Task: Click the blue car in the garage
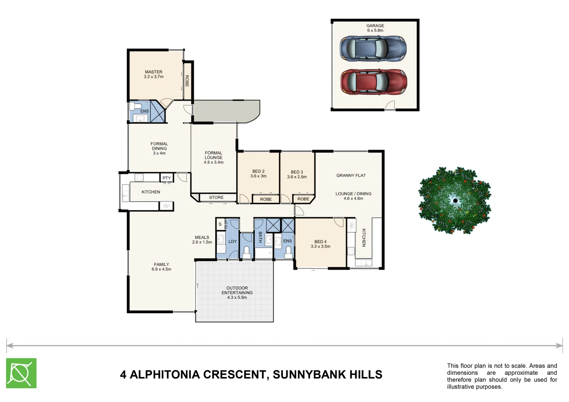(x=373, y=48)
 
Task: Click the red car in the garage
(x=373, y=82)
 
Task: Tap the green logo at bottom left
(x=21, y=373)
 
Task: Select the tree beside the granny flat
(x=455, y=200)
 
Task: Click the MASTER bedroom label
(x=154, y=72)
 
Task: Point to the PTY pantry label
(x=167, y=178)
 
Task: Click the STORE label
(x=216, y=197)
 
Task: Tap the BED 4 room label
(x=320, y=242)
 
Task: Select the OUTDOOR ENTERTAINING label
(x=237, y=290)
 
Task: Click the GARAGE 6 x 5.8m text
(x=375, y=28)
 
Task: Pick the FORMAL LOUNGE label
(x=214, y=155)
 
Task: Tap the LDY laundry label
(x=233, y=242)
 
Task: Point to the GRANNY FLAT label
(x=351, y=175)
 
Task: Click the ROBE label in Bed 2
(x=266, y=199)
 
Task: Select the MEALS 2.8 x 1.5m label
(x=202, y=240)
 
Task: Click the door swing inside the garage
(x=390, y=105)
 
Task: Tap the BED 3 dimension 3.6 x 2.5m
(x=297, y=177)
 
